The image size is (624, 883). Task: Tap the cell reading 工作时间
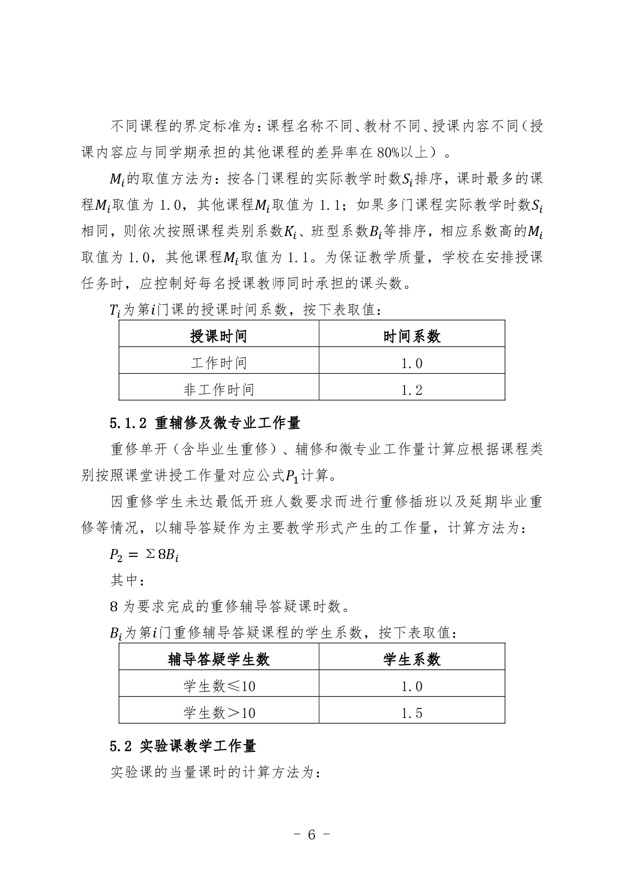218,363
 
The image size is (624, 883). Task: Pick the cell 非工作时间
218,390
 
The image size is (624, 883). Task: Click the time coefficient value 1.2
412,390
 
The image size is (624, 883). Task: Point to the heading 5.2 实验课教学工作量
183,745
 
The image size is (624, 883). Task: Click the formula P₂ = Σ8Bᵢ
145,554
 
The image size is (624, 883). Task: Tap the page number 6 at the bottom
312,834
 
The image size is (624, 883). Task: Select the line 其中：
126,580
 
